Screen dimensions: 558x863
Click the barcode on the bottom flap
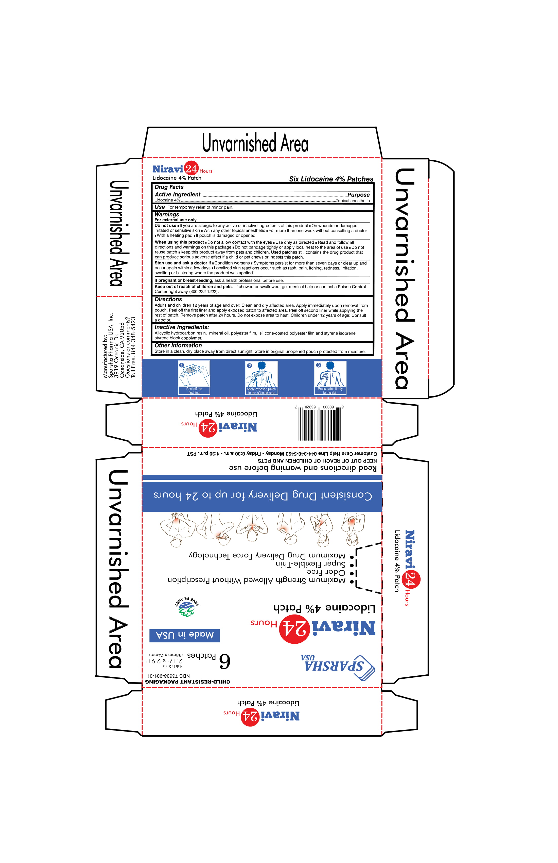point(319,423)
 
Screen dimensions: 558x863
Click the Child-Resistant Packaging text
point(188,682)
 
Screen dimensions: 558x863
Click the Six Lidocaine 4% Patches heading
point(331,179)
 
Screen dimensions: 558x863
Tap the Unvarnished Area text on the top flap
point(255,142)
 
